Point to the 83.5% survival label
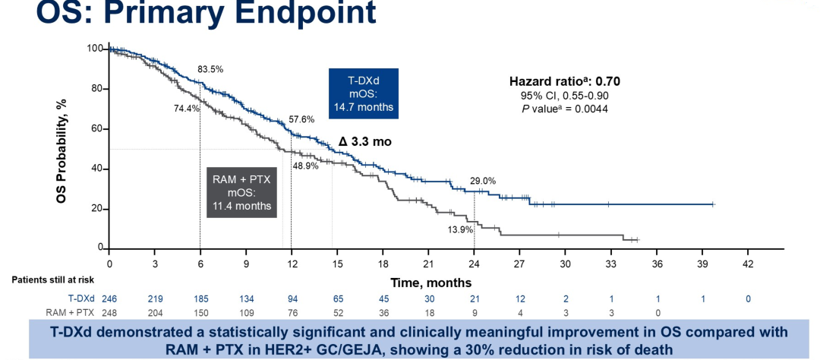coord(210,69)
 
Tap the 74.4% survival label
coord(186,109)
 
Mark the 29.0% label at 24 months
coord(483,181)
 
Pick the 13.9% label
coord(461,229)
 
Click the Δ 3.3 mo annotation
coord(365,142)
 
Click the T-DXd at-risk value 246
coord(109,299)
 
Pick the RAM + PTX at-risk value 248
coord(109,312)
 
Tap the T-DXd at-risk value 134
coord(246,299)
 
